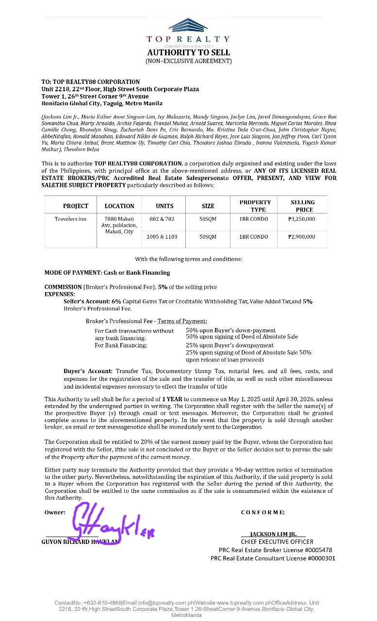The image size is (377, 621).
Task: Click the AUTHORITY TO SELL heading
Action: (x=189, y=52)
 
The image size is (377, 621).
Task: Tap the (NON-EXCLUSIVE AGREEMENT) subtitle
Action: (x=189, y=61)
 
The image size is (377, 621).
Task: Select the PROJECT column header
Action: (x=76, y=206)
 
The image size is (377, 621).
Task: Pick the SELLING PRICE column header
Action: (x=302, y=206)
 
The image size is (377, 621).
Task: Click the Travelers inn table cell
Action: (x=70, y=219)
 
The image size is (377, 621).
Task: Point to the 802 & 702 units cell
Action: (x=162, y=219)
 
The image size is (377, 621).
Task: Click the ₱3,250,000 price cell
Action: (x=301, y=219)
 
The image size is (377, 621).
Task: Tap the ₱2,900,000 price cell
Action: (x=301, y=237)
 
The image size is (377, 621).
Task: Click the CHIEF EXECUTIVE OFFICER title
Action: (x=277, y=541)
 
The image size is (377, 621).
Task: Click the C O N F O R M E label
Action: (x=262, y=512)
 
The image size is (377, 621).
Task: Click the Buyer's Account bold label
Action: (x=88, y=371)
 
